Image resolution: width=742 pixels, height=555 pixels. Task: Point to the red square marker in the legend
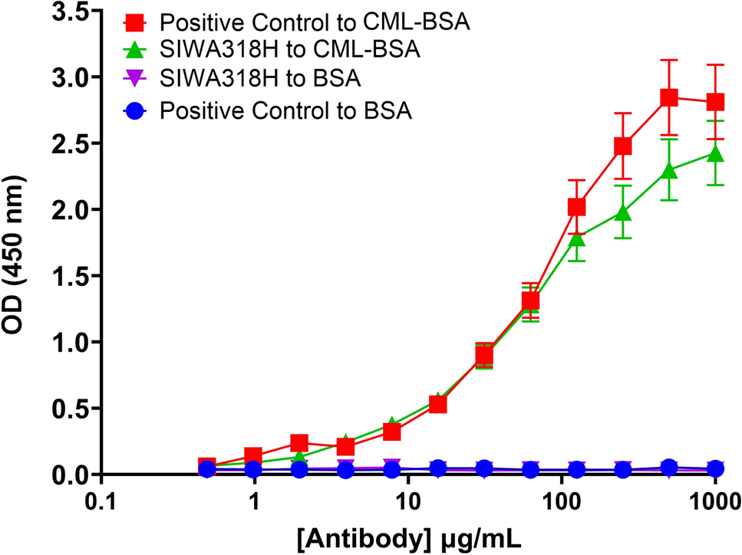137,22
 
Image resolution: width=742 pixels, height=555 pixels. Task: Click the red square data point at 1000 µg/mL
715,102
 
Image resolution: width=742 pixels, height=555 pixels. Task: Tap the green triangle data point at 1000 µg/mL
715,154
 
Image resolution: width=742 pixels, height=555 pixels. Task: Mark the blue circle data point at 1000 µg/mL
715,468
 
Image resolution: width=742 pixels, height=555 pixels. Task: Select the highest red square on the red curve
669,97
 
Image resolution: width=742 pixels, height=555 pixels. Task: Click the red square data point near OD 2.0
577,207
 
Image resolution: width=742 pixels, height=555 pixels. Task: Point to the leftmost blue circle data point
206,469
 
